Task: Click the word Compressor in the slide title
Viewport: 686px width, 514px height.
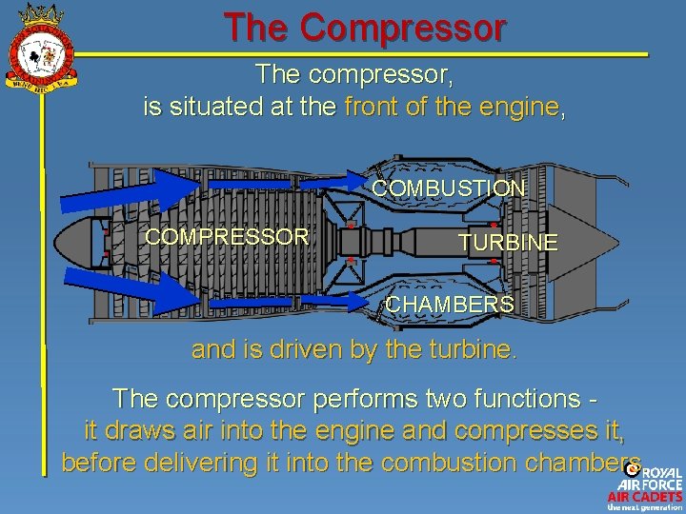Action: pyautogui.click(x=402, y=28)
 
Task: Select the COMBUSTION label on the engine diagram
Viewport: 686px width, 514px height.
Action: pyautogui.click(x=448, y=188)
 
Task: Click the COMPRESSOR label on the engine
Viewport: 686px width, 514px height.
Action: pyautogui.click(x=227, y=236)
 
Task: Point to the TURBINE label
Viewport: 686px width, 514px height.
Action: pyautogui.click(x=508, y=243)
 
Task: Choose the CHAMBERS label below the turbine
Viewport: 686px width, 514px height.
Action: pyautogui.click(x=450, y=305)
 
